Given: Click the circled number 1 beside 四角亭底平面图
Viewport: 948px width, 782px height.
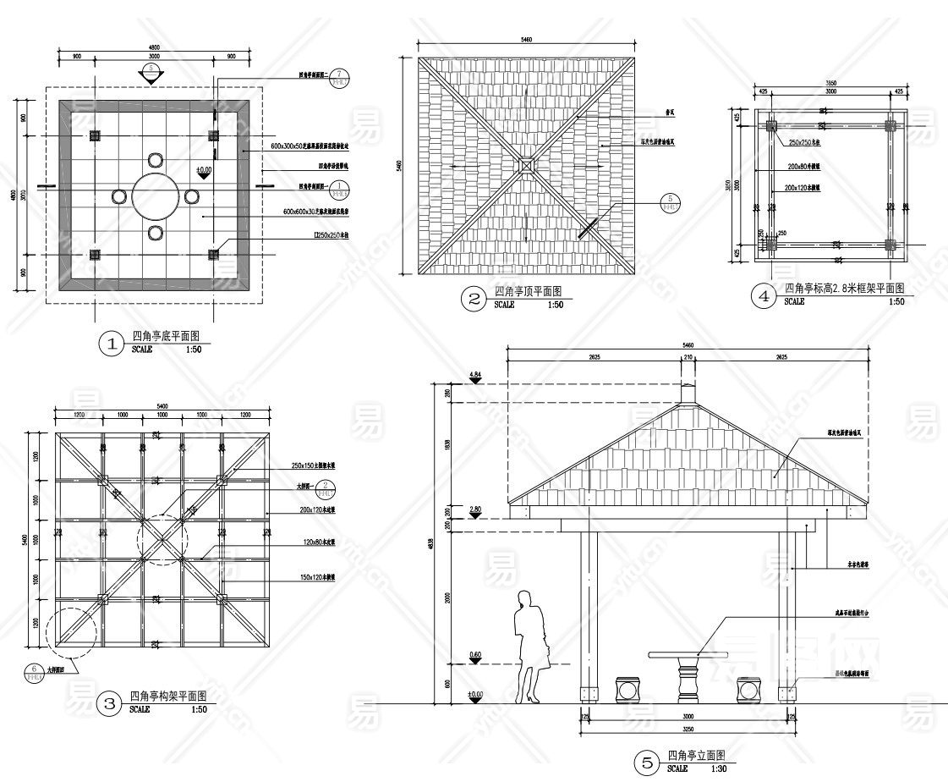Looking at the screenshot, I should (112, 344).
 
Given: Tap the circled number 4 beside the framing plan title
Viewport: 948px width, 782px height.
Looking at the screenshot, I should (764, 296).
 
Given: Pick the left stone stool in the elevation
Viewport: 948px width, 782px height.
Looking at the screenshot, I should (627, 689).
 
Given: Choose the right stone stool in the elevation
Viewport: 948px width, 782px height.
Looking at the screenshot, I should (748, 689).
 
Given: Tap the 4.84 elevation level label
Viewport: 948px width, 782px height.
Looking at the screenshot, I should (475, 374).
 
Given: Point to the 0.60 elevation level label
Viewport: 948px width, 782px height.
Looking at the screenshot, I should (475, 654).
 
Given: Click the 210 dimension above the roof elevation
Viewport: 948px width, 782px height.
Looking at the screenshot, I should (688, 358).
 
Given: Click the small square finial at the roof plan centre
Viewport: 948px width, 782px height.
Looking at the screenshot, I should (525, 165).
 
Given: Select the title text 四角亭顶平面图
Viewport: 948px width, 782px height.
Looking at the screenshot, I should (529, 291).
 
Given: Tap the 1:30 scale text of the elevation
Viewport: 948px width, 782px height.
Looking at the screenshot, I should (719, 769).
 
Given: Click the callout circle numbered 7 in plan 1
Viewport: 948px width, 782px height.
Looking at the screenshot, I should (338, 76).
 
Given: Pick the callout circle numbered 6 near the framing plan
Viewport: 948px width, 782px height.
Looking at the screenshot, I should (34, 670).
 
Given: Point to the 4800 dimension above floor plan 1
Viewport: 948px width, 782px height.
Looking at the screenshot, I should (154, 47).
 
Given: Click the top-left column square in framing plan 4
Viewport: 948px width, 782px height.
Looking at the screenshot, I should (771, 126).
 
